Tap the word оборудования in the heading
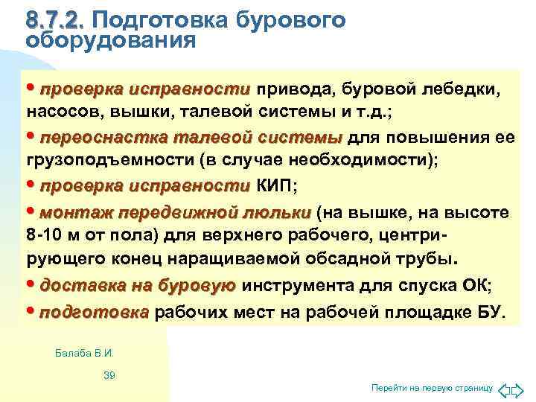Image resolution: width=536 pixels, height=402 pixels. (111, 40)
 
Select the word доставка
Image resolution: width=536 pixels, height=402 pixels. (80, 286)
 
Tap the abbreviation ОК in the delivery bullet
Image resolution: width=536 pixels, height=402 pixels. (476, 286)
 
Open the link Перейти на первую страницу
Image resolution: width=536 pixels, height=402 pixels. (432, 389)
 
